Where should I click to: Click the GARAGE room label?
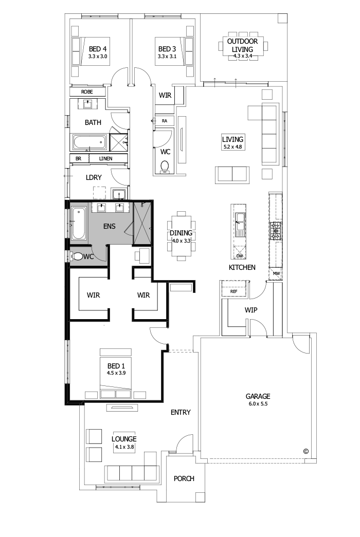click(258, 396)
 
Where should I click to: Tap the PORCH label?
click(184, 478)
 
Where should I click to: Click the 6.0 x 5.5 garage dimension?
click(258, 404)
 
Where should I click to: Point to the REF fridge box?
click(234, 291)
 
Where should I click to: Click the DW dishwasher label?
click(239, 255)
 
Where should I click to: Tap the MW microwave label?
click(276, 273)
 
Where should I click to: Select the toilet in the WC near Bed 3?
click(165, 166)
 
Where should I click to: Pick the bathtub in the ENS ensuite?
click(78, 223)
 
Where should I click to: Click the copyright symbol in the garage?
click(305, 451)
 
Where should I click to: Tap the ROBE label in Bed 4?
click(87, 91)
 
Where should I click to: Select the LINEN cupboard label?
click(106, 159)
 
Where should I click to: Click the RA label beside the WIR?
click(165, 121)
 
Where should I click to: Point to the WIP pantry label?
click(251, 310)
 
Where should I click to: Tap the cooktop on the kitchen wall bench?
click(275, 232)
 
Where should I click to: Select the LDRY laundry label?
click(94, 177)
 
